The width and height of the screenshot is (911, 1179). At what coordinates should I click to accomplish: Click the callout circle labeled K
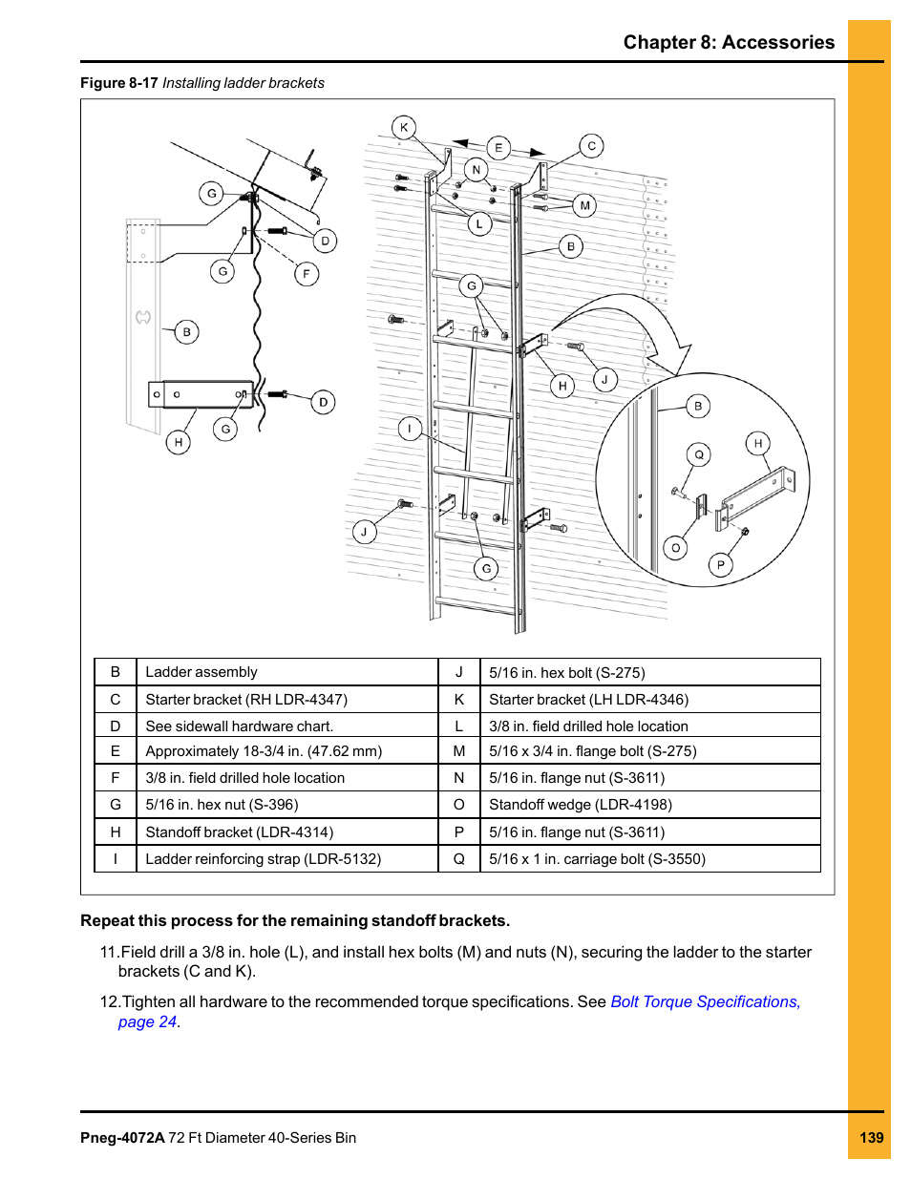(404, 127)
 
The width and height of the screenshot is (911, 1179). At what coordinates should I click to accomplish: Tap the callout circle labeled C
(591, 146)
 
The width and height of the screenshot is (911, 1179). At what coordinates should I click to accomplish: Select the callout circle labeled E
(498, 148)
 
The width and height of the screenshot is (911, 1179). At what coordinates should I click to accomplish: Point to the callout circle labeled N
(476, 170)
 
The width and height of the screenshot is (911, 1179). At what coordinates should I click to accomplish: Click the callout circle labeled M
(584, 205)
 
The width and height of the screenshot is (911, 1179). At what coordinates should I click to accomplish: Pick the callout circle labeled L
(479, 224)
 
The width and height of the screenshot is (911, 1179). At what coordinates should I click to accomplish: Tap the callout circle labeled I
(410, 429)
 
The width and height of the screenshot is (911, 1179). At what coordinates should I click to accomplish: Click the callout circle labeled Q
(699, 454)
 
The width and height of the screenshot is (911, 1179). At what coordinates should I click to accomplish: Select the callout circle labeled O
(675, 548)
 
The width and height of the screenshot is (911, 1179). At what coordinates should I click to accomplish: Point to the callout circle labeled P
(720, 565)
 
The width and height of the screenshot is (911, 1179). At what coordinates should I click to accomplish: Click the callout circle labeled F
(306, 274)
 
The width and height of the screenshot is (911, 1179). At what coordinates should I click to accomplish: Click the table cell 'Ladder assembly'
(201, 672)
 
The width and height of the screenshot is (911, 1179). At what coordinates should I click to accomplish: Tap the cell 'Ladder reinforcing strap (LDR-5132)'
(263, 859)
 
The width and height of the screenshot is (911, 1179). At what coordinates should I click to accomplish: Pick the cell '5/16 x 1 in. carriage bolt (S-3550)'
(597, 859)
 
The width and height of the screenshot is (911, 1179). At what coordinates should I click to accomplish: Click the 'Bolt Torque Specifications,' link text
(705, 1001)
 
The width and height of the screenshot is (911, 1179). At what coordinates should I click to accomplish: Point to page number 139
(871, 1137)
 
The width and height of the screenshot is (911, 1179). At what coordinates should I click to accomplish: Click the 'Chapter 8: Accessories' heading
(729, 42)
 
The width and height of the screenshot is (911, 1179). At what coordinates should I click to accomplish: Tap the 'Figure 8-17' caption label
(118, 83)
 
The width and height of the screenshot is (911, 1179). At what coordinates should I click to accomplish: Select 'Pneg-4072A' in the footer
(122, 1137)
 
